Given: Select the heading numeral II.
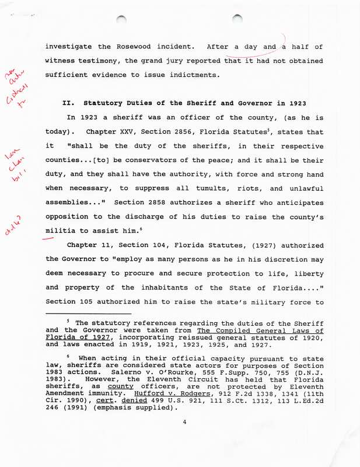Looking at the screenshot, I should click(x=68, y=103).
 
